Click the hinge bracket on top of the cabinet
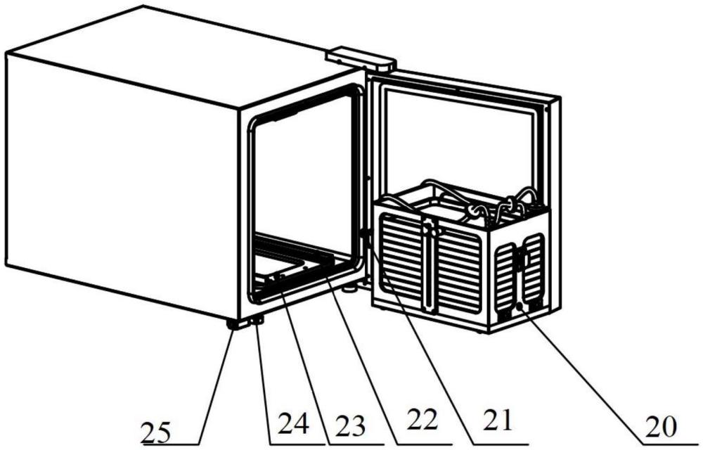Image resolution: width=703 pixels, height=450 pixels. [x=362, y=57]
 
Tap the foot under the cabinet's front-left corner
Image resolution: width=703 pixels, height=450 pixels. [x=232, y=324]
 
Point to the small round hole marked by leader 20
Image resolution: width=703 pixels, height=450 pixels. [x=520, y=307]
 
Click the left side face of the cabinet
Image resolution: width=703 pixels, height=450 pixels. [x=120, y=183]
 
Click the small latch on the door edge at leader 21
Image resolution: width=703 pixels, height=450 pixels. [x=363, y=235]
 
